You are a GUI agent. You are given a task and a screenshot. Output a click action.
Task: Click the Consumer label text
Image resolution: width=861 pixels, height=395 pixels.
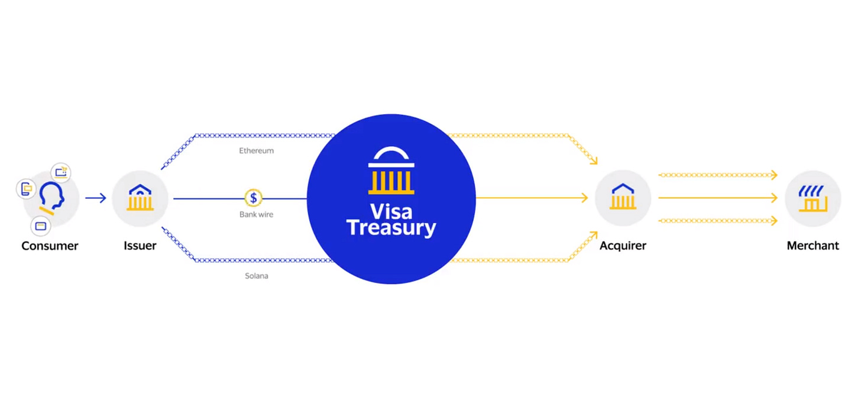click(50, 245)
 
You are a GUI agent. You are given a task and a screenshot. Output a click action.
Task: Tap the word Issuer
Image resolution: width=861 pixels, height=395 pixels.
click(140, 245)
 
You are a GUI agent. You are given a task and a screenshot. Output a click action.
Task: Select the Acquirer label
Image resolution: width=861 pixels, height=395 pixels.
click(623, 245)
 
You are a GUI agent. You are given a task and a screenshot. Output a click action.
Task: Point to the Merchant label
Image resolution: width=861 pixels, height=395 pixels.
click(813, 245)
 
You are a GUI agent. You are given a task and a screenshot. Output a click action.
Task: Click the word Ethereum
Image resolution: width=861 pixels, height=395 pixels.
click(256, 151)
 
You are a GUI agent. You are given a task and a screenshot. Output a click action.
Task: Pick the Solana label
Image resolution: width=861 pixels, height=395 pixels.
click(256, 276)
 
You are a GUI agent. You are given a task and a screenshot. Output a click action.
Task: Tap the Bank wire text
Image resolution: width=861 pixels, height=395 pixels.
click(256, 214)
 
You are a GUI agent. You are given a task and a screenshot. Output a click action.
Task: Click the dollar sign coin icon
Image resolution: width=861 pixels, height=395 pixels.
click(254, 198)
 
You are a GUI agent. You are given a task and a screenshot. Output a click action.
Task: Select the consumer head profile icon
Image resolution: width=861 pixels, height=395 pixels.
click(51, 198)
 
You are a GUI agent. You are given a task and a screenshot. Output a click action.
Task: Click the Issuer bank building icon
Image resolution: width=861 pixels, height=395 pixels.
click(140, 198)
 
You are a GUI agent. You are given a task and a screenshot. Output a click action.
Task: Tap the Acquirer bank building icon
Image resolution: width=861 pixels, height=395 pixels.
click(623, 198)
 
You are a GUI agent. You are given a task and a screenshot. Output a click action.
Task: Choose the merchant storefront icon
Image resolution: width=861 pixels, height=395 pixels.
click(813, 198)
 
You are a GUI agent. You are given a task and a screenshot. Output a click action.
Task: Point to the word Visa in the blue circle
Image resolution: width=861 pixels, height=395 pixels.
click(391, 211)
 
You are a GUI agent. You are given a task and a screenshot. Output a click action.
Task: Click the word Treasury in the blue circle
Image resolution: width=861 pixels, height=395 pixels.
click(391, 227)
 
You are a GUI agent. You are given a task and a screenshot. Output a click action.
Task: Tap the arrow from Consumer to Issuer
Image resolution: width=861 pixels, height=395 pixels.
click(95, 198)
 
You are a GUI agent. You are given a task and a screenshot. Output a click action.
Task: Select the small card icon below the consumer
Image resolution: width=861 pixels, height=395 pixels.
click(41, 226)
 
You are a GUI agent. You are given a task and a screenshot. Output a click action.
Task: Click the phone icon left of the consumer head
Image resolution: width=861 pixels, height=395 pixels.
click(25, 189)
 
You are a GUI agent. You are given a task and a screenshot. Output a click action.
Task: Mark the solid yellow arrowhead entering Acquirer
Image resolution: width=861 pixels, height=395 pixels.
click(584, 198)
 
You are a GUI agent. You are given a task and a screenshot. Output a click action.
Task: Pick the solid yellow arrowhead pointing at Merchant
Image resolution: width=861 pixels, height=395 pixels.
click(773, 198)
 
